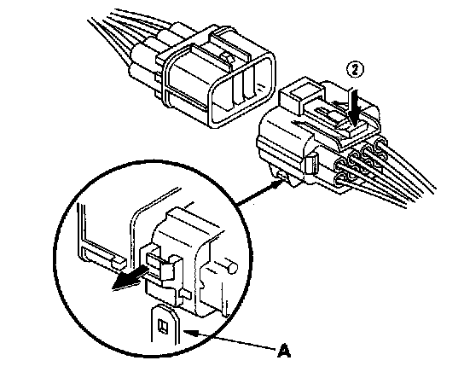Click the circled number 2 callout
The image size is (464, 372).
355,70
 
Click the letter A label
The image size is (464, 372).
284,351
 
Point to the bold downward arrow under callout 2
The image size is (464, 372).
355,107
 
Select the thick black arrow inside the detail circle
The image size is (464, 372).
130,278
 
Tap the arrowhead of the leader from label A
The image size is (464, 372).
189,333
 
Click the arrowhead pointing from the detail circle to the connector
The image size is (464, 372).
276,184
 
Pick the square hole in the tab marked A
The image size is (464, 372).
163,326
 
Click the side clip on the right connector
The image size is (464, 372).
311,166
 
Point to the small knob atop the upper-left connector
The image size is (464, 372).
228,57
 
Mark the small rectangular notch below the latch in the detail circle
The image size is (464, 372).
185,294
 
